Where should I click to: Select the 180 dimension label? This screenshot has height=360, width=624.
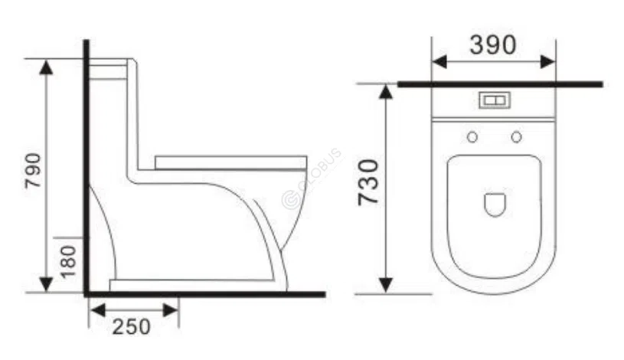(70, 261)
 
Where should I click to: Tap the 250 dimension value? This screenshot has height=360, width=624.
(132, 326)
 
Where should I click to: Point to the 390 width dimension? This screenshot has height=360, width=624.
(493, 45)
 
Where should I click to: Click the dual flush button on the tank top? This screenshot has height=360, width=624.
(494, 100)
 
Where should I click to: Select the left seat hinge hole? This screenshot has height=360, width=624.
(472, 137)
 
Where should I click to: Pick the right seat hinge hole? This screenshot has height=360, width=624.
(517, 137)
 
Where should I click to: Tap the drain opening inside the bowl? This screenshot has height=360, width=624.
(495, 204)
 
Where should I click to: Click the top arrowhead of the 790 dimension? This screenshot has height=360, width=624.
(47, 67)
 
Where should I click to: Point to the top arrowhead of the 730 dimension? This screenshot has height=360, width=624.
(386, 93)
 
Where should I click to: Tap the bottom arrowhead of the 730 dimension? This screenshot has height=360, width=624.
(386, 284)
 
